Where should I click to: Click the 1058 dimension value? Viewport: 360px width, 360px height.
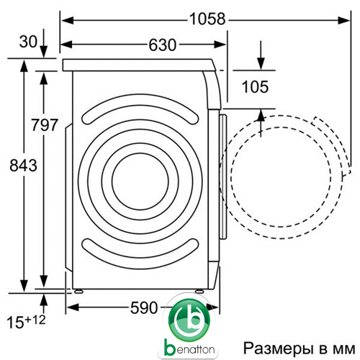207,19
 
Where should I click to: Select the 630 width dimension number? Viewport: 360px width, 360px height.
163,45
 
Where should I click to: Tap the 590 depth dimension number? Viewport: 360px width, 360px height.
144,307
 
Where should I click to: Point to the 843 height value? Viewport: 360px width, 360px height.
23,166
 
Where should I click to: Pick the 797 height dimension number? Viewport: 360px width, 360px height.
45,125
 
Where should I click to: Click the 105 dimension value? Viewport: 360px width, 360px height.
255,86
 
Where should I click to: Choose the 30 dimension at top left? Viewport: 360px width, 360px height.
28,42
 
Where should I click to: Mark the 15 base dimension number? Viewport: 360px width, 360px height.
15,323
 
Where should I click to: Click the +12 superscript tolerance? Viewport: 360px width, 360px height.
35,320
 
